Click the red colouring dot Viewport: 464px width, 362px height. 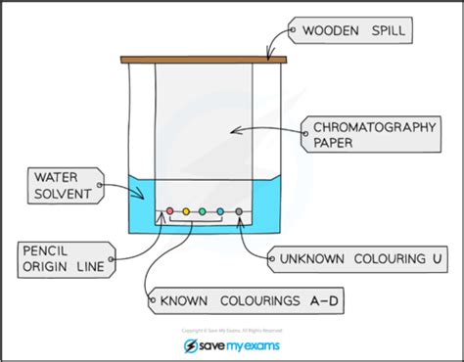(168, 210)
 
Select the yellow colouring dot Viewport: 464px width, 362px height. (184, 210)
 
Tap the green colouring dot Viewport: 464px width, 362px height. (202, 210)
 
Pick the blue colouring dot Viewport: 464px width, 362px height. (220, 210)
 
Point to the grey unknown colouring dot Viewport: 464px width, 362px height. (239, 210)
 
